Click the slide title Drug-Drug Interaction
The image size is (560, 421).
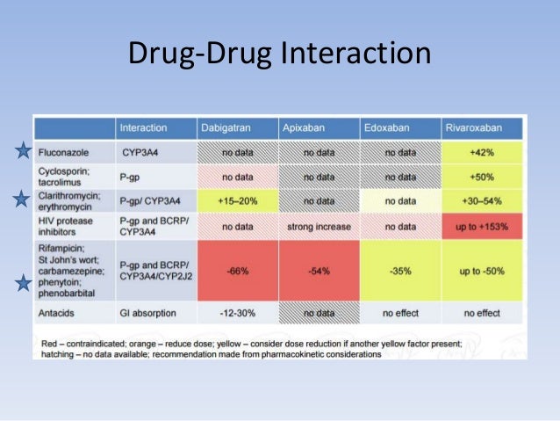tap(280, 54)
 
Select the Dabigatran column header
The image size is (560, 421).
tap(223, 128)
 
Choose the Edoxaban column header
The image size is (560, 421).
tap(384, 128)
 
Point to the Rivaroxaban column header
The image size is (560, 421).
tap(474, 128)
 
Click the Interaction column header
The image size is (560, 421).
tap(143, 128)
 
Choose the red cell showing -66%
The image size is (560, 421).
tap(236, 271)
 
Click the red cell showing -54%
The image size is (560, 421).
tap(319, 271)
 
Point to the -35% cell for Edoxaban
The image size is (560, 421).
tap(400, 271)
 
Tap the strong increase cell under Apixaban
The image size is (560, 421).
tap(319, 226)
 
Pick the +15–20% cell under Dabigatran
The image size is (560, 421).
tap(236, 200)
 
